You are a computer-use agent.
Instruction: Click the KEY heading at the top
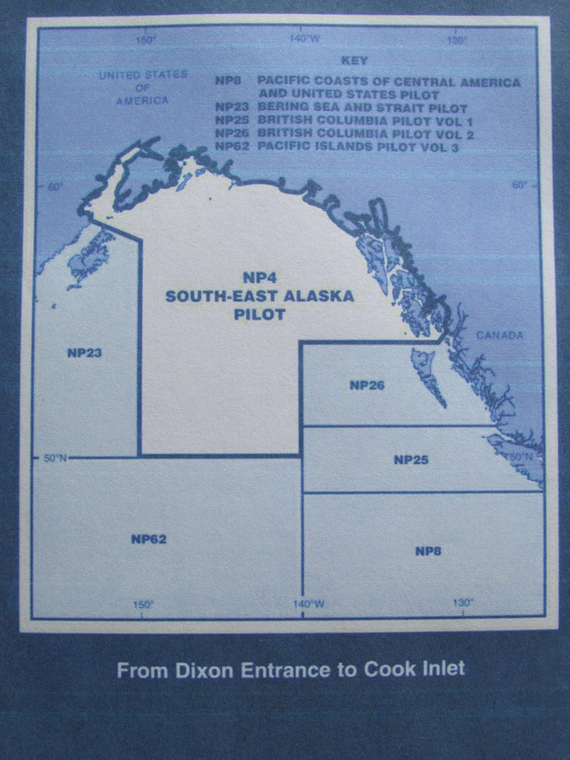354,59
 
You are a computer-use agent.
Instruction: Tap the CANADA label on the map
499,335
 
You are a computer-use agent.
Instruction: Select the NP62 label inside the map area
148,539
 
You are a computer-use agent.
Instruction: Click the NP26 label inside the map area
367,385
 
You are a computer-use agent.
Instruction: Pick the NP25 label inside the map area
410,459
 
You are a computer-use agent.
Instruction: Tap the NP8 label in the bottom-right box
429,550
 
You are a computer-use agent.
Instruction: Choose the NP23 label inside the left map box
84,353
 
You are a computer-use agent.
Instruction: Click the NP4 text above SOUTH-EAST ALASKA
259,278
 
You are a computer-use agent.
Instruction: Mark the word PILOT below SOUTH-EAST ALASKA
259,315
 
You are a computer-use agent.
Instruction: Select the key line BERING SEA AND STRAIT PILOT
362,108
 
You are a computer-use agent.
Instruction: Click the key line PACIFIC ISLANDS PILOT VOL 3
358,147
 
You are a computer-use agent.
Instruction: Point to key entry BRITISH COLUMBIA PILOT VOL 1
365,121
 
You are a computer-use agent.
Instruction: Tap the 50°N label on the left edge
55,458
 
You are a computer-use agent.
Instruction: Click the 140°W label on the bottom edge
308,604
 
